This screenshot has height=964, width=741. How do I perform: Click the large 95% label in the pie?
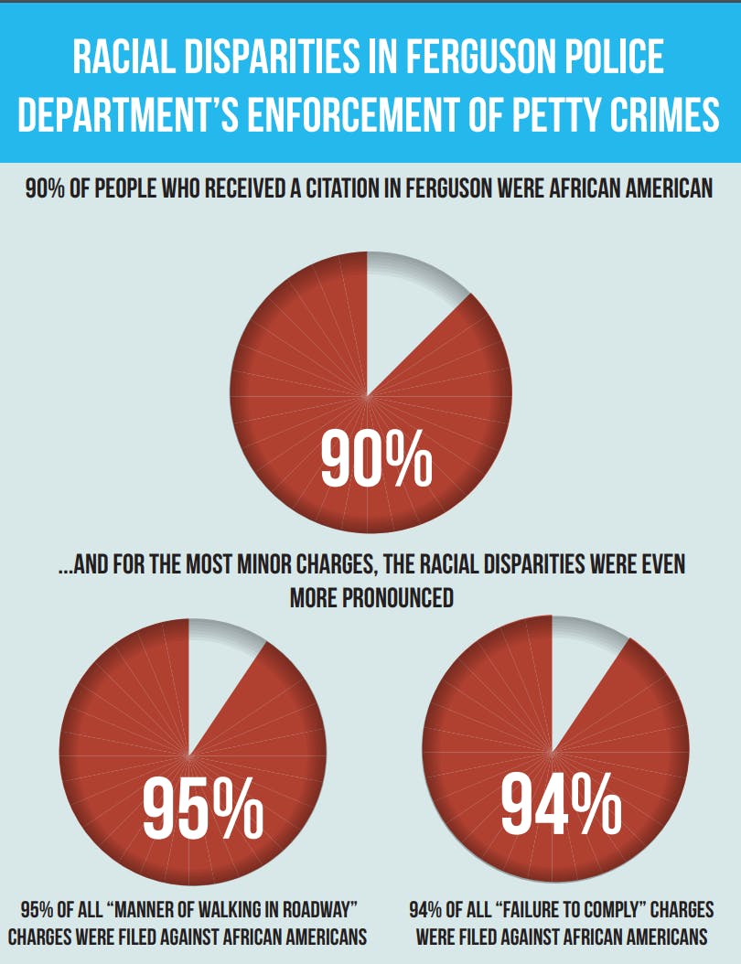tap(202, 806)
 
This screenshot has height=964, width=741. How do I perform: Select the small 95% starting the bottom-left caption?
tap(38, 911)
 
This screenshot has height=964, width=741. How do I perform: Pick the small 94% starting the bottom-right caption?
tap(426, 911)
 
